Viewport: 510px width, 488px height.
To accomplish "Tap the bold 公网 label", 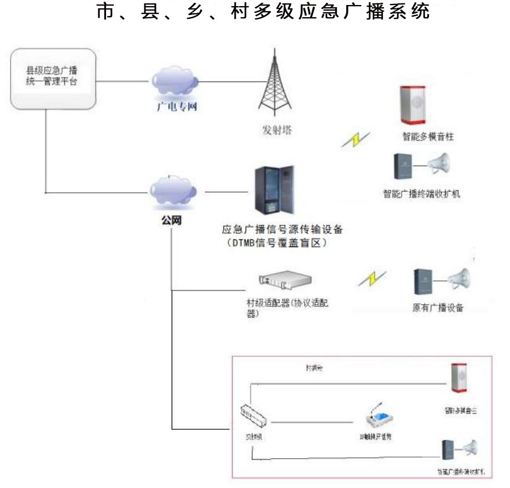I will tap(173, 220).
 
